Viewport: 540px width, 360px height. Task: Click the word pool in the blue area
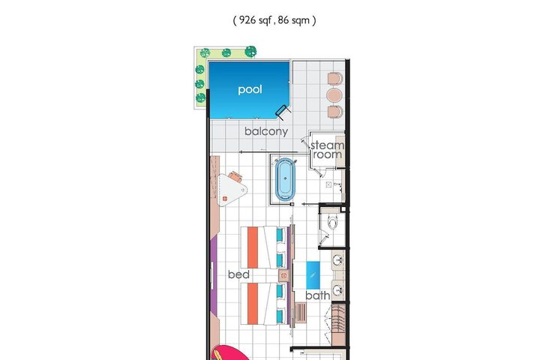(250, 89)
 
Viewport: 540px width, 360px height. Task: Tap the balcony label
(266, 131)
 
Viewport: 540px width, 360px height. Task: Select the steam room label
(327, 150)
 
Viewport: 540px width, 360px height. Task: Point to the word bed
(238, 274)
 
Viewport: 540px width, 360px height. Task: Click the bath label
(317, 295)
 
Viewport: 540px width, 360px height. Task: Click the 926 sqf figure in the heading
(253, 20)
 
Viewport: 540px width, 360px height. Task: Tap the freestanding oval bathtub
(285, 179)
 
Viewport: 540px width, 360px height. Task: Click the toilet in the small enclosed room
(332, 221)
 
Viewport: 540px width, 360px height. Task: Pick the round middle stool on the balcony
(334, 95)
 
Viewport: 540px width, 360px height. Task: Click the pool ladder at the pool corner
(283, 112)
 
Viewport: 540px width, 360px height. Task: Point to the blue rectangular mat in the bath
(313, 275)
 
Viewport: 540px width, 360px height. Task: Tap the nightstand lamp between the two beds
(283, 275)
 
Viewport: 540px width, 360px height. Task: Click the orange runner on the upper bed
(253, 247)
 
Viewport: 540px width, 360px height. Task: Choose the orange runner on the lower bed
(253, 304)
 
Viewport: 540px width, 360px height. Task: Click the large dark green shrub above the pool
(250, 52)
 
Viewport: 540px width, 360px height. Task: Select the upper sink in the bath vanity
(337, 260)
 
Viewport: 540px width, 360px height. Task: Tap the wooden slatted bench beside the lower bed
(300, 313)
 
